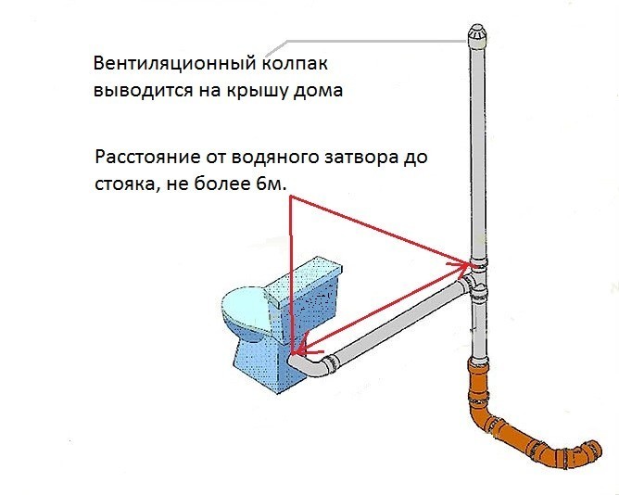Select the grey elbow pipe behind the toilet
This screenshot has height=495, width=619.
pos(316,367)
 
